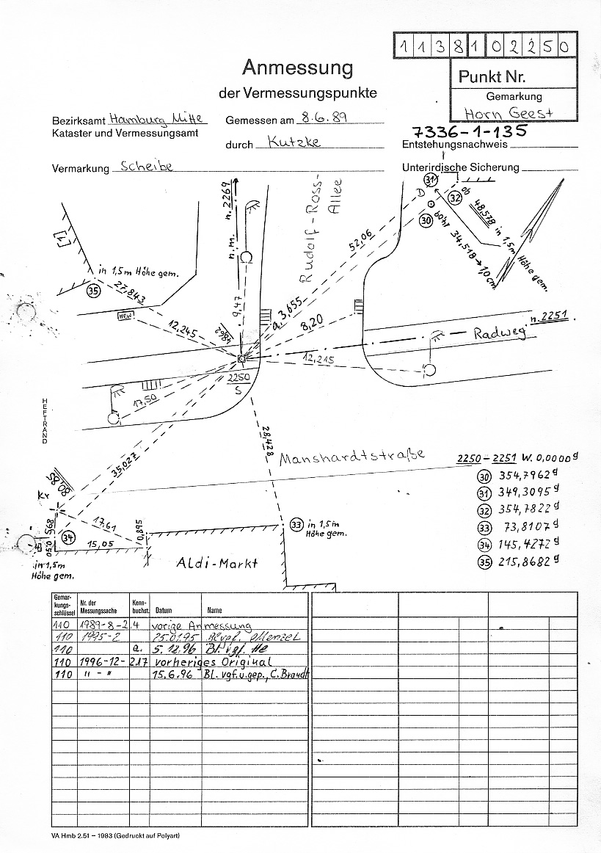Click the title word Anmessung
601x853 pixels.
(x=297, y=69)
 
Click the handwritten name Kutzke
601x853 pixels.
(x=294, y=142)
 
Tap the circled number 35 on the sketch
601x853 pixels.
(x=93, y=291)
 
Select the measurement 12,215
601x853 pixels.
(x=318, y=360)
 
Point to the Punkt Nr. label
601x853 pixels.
(x=492, y=76)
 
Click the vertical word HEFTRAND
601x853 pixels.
(x=45, y=421)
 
